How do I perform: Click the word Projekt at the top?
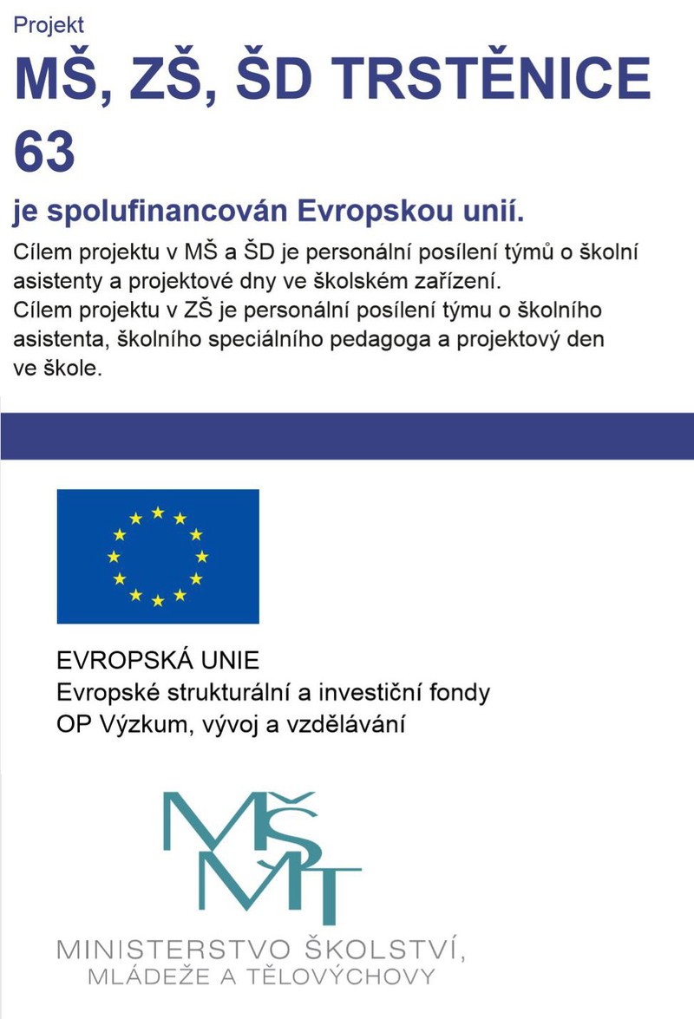[49, 26]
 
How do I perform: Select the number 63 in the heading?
[45, 151]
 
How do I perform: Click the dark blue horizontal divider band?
[347, 436]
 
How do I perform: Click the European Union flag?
[158, 556]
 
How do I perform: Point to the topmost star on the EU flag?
[158, 512]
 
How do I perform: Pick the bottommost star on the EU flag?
[158, 600]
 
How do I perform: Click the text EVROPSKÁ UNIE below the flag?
[158, 661]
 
